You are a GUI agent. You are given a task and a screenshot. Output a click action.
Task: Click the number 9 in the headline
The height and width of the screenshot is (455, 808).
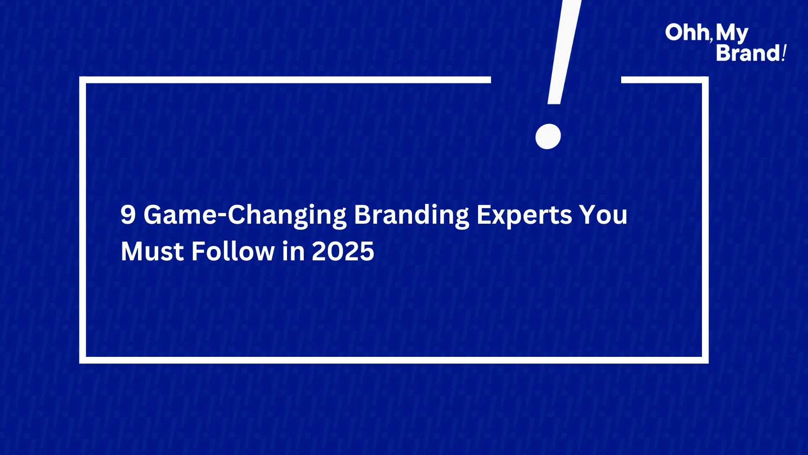click(x=128, y=214)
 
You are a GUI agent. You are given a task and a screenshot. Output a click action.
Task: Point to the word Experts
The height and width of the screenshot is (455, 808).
click(x=524, y=216)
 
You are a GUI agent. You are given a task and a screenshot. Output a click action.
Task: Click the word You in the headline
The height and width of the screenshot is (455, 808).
click(x=603, y=215)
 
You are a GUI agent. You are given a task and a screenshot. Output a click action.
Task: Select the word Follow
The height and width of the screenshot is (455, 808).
click(x=233, y=251)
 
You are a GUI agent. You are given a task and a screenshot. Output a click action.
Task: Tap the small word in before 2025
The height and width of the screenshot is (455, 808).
click(x=293, y=251)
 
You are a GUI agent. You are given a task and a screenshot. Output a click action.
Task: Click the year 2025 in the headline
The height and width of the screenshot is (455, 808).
click(x=343, y=252)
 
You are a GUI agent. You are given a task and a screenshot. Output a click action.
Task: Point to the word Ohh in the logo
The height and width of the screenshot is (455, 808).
click(x=687, y=32)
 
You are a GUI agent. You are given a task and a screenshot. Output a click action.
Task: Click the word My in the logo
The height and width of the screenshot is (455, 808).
click(x=732, y=34)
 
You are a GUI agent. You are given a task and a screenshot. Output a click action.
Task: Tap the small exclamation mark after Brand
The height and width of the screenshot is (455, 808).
click(x=784, y=53)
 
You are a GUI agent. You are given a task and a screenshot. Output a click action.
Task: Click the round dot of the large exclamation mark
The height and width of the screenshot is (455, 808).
click(x=548, y=136)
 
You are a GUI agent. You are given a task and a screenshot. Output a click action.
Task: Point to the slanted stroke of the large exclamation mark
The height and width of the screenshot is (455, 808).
click(x=564, y=52)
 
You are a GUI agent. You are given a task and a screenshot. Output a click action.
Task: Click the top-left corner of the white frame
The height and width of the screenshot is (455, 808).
click(x=82, y=80)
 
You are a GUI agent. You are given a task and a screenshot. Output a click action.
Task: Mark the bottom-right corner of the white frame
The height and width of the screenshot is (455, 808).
click(x=705, y=360)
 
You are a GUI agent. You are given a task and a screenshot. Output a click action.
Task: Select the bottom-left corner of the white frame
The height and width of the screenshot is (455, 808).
click(x=82, y=360)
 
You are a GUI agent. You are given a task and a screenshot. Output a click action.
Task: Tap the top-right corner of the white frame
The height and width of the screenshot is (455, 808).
click(x=705, y=80)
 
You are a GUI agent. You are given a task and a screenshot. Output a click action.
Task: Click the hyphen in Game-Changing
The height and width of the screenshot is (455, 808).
click(x=222, y=217)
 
